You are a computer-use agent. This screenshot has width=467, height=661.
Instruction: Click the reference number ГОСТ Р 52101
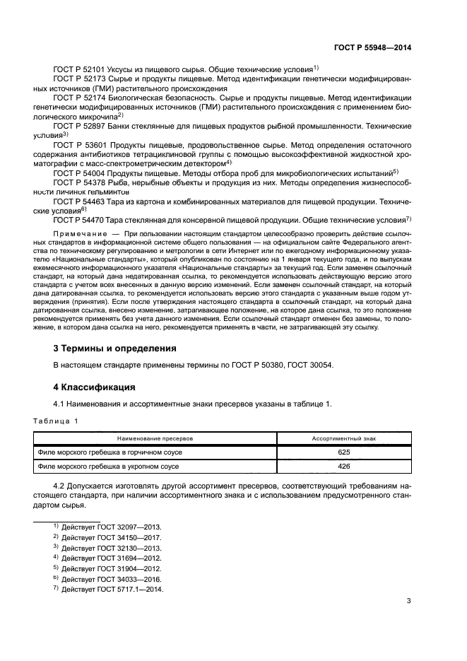pos(78,70)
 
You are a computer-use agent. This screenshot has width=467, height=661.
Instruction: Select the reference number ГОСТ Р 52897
pos(78,125)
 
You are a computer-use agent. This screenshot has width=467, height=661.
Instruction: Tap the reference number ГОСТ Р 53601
pos(78,144)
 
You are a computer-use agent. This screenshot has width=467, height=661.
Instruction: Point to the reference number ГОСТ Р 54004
pos(78,172)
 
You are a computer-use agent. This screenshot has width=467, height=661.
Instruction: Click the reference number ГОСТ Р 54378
pos(78,182)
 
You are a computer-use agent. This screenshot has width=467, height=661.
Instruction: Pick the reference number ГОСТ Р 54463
pos(78,201)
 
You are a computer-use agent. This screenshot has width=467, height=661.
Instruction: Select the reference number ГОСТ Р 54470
pos(78,220)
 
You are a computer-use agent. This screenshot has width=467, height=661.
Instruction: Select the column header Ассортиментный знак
pos(344,438)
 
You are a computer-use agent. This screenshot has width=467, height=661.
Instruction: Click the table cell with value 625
pos(344,452)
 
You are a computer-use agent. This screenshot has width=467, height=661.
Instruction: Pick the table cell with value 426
pos(344,467)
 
